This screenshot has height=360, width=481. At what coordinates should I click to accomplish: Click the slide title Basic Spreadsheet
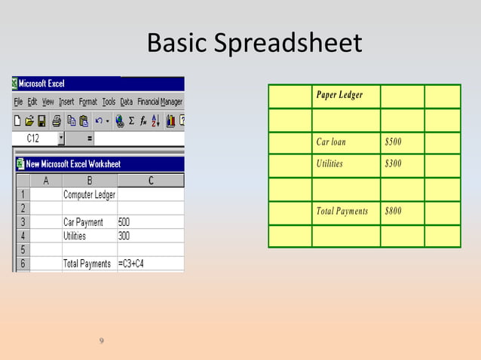(x=254, y=43)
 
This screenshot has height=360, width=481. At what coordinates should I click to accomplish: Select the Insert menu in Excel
(x=66, y=102)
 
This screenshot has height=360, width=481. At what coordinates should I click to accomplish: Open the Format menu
(x=88, y=102)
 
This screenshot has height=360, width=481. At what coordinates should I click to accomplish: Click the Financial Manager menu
(x=159, y=102)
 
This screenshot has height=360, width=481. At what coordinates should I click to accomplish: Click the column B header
(x=90, y=181)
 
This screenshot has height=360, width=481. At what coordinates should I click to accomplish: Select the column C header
(x=150, y=181)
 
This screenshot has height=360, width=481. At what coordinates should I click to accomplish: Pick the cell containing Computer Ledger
(x=89, y=195)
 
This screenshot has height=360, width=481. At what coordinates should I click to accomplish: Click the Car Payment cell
(x=84, y=222)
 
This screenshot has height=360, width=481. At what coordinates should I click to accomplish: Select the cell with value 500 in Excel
(x=124, y=222)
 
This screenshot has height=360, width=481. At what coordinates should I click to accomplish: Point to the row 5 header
(x=22, y=249)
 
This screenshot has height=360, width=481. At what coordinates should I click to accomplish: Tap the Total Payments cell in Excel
(x=87, y=264)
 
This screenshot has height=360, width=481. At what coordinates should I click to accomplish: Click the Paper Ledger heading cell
(x=339, y=95)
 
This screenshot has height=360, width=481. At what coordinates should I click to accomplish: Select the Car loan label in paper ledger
(x=331, y=142)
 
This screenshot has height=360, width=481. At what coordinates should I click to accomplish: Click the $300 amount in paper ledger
(x=393, y=163)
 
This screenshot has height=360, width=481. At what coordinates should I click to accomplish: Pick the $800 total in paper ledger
(x=393, y=211)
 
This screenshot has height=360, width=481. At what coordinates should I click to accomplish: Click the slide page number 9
(x=103, y=343)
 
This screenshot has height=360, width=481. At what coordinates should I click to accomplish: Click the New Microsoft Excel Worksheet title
(x=73, y=163)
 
